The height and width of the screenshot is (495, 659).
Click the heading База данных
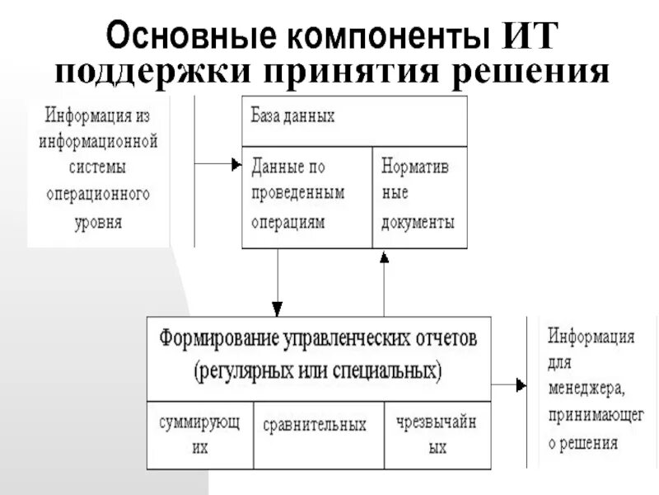[293, 115]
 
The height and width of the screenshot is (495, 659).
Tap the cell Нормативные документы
[418, 194]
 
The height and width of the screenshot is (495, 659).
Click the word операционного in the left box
[98, 195]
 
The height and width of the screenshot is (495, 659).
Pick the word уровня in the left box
[98, 223]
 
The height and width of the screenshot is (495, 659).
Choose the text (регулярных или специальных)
[318, 370]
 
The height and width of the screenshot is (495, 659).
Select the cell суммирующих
[199, 435]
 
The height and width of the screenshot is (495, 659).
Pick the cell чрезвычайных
[437, 435]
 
